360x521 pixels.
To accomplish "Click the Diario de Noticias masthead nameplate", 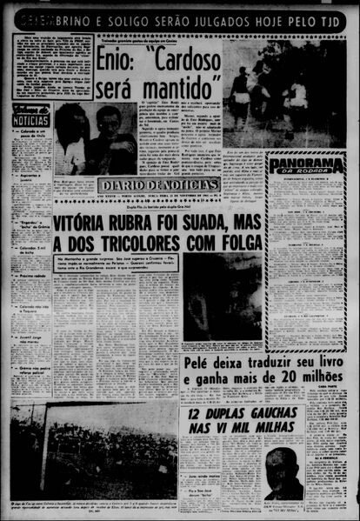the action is (159, 184).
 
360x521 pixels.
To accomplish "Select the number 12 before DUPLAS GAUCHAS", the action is (195, 415).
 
